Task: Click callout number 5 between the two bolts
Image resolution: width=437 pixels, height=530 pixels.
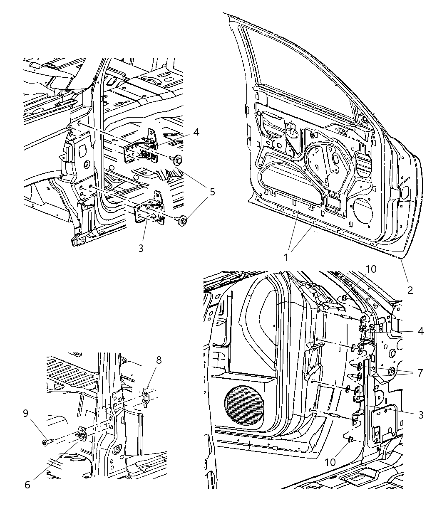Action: tap(212, 192)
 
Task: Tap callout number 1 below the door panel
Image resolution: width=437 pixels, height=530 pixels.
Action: tap(286, 257)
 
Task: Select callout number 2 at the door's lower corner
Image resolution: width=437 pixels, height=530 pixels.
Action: tap(410, 290)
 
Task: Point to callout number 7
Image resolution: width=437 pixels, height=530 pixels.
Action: tap(420, 373)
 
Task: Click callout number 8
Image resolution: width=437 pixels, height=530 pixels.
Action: tap(159, 360)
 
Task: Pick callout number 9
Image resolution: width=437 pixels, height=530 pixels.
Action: tap(26, 413)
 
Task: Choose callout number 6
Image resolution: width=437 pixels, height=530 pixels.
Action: tap(27, 485)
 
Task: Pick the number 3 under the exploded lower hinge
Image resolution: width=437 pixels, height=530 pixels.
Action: tap(141, 248)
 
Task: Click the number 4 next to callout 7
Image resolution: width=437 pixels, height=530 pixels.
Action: tap(420, 331)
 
